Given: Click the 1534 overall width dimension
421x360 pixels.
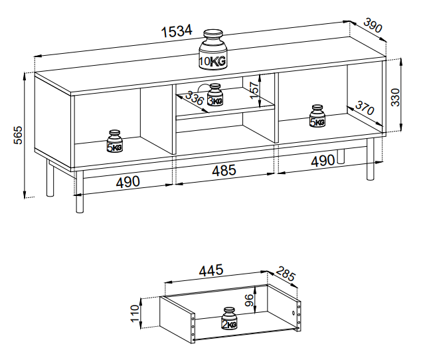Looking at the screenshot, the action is coord(177,31).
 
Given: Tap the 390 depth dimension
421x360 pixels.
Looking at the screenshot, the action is coord(373,25).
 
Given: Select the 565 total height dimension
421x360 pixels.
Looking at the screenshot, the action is coord(18,135).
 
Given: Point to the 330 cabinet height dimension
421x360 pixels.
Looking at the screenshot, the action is coord(395,97).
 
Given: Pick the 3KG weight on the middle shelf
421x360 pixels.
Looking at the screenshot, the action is coord(215,94).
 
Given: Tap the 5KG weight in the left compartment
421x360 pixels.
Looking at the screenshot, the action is coord(115,141).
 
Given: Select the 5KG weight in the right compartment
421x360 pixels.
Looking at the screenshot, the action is coord(317,116).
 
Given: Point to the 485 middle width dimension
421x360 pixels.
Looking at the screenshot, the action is coord(224,171).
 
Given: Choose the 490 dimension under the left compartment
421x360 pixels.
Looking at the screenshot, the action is coord(128,182).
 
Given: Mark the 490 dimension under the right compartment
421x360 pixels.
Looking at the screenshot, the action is coord(323,161).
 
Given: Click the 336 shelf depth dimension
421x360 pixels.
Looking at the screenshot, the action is coord(194,98).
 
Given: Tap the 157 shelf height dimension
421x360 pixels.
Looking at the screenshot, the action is coord(254,90).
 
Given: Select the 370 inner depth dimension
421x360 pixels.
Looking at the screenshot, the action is coord(365,108).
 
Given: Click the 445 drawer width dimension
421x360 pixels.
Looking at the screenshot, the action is coord(211,270).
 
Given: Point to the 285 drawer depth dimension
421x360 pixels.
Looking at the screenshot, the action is coord(286,274).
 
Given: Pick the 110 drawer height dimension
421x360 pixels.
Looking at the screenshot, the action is coord(135,314).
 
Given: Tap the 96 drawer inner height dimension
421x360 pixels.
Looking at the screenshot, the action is coord(249,300).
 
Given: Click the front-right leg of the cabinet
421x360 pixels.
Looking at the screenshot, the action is coord(371,159).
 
